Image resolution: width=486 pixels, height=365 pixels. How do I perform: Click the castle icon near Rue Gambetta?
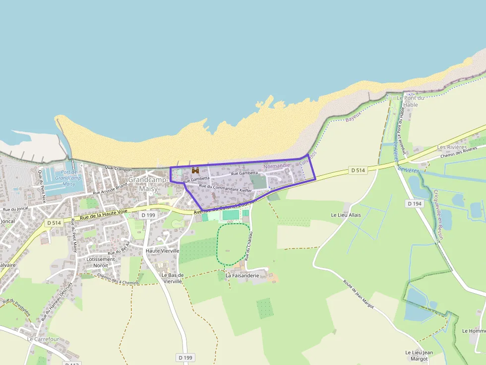click(195, 170)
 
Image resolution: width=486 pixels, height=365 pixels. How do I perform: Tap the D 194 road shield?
click(414, 204)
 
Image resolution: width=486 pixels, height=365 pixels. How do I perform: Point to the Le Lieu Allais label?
click(346, 215)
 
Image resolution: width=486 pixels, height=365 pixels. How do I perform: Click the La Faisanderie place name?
click(243, 275)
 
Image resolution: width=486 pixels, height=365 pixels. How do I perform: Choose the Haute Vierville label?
click(163, 251)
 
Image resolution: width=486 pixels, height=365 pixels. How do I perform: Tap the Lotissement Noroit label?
click(101, 262)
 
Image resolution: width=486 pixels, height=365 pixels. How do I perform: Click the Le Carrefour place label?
click(43, 339)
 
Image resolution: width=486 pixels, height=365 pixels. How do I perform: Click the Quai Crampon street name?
click(119, 169)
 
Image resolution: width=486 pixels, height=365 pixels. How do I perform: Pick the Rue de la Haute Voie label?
click(104, 214)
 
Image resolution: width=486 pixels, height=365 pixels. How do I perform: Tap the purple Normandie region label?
click(276, 165)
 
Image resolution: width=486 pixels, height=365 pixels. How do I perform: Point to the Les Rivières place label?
click(452, 148)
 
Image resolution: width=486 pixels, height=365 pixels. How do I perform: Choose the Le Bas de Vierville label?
click(173, 278)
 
